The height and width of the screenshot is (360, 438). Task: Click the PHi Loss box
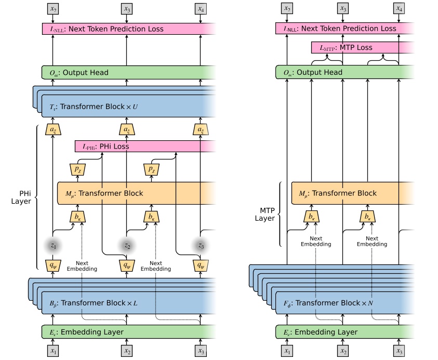coord(145,146)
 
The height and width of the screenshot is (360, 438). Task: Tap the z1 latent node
coord(52,245)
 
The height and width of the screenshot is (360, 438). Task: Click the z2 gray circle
coord(126,245)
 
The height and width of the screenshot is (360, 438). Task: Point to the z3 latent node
coord(200,245)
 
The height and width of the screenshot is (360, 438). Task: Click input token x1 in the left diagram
coord(52,352)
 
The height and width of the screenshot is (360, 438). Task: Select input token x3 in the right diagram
coord(399,352)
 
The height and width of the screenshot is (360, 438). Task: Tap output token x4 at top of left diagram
coord(200,8)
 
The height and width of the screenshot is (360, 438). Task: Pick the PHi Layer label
coord(21,197)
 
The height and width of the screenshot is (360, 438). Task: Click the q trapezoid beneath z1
coord(52,264)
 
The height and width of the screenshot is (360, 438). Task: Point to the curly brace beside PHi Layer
coord(36,197)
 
